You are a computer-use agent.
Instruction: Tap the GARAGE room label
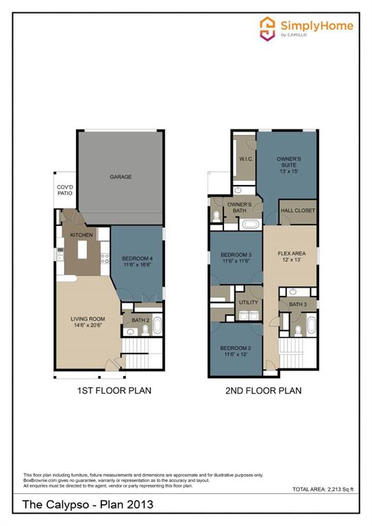coord(121,177)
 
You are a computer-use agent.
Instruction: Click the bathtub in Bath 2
coord(157,325)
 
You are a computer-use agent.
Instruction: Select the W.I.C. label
coord(247,160)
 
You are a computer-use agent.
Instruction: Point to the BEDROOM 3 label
coord(236,258)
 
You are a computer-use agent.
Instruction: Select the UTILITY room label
coord(247,301)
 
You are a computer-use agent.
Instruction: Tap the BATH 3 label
coord(297,305)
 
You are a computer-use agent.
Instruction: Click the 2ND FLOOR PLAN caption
coord(263,391)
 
